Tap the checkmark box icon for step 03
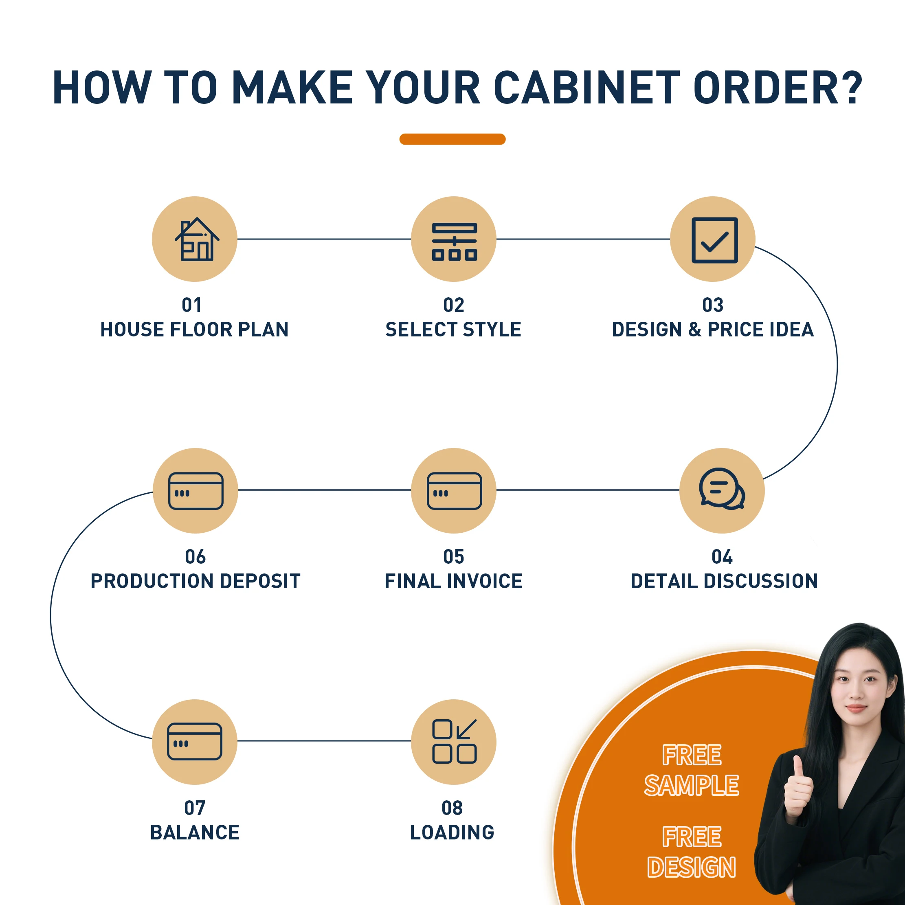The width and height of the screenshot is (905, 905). tap(714, 240)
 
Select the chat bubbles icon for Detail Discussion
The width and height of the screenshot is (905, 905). tap(721, 489)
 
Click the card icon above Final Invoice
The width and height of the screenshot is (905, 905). tap(454, 490)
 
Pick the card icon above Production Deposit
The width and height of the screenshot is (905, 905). tap(195, 490)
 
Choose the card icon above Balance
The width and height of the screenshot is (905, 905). tap(194, 741)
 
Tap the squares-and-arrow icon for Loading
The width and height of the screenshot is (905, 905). tap(454, 741)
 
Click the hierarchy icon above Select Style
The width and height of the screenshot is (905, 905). tap(454, 241)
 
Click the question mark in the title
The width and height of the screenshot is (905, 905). tap(850, 88)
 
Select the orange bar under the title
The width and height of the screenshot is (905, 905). tap(452, 139)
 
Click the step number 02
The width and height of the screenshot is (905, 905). tap(453, 305)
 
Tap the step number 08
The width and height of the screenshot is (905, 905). tap(452, 808)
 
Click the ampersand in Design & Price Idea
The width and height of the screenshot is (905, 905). tap(695, 330)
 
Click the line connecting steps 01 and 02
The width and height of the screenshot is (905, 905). tap(323, 239)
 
